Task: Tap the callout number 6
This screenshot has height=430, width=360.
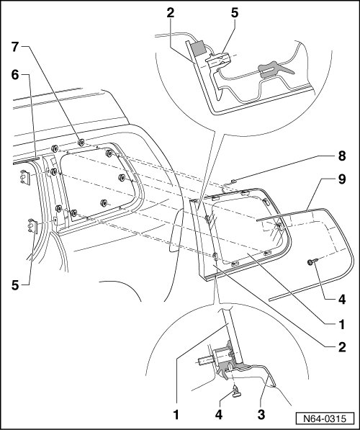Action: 15,75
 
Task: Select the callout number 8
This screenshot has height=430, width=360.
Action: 341,156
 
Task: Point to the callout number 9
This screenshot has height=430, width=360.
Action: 341,179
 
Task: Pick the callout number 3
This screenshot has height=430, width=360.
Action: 261,414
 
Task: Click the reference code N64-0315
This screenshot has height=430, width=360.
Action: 325,418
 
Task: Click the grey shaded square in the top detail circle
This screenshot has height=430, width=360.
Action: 198,48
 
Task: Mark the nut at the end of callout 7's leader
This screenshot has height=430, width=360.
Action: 81,143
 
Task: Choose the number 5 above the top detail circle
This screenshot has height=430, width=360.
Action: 235,13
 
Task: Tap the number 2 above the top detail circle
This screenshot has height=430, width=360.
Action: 170,13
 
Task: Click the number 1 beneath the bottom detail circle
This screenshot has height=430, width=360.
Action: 176,414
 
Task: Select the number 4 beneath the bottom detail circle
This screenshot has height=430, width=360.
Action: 219,414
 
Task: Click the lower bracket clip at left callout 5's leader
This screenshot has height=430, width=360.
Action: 33,226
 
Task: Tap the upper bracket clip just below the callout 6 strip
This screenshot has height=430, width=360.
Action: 25,177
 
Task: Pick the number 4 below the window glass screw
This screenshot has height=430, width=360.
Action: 341,299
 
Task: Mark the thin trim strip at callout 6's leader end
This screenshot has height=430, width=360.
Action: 26,161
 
